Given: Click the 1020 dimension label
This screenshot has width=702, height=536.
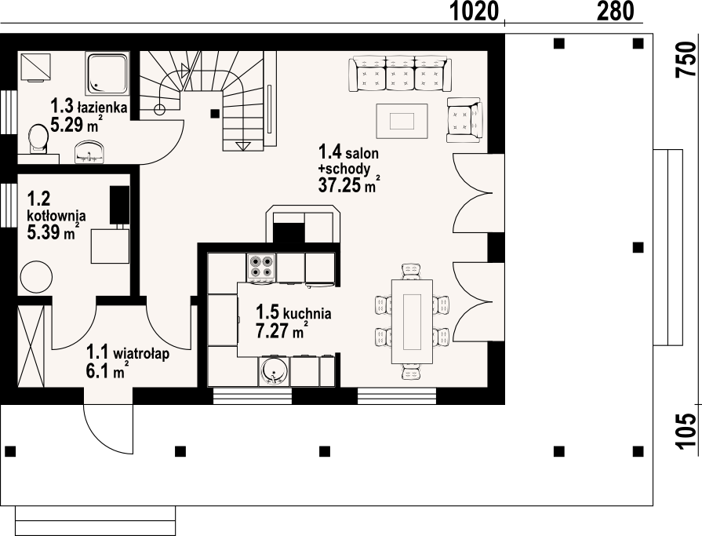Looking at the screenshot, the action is [474, 11].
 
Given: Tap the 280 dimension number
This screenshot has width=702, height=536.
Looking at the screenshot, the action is [616, 11].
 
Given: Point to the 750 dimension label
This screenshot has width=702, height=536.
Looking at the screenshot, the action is [686, 60].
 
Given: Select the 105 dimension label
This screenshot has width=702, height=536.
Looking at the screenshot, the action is [686, 431].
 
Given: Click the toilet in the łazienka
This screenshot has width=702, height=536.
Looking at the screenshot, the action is [37, 138].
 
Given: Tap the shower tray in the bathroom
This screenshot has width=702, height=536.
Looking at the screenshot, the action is [107, 72].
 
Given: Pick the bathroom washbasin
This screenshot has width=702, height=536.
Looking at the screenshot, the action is [89, 151].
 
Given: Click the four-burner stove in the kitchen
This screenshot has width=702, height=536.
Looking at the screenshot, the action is [261, 268].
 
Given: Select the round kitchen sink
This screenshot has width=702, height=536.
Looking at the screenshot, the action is [273, 370].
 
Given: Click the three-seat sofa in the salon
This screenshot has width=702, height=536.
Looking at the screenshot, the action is [399, 74].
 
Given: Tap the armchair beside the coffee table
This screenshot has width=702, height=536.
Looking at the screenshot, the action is [464, 120].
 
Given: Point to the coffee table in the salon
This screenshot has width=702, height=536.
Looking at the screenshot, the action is [402, 122].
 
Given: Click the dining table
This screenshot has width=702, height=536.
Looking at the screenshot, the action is [413, 322].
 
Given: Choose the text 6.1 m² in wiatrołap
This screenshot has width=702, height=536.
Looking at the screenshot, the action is [108, 370].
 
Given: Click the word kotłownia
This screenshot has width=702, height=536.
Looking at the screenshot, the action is [56, 215].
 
